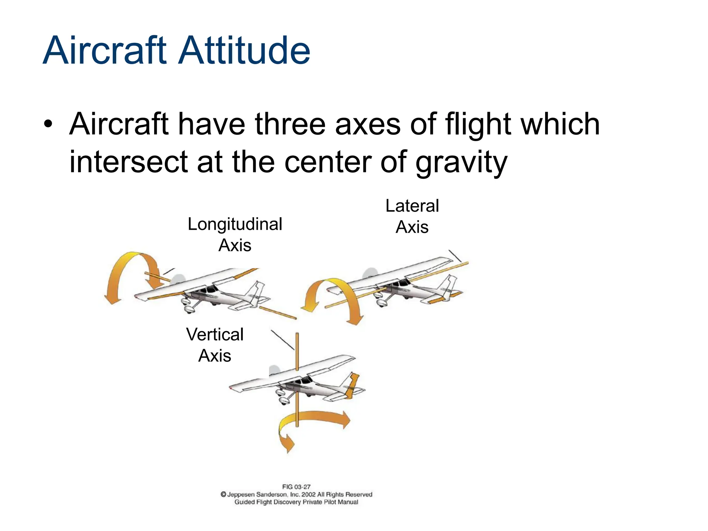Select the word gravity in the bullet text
click(461, 162)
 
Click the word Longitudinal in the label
click(235, 224)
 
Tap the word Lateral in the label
click(412, 206)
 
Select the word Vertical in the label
click(215, 334)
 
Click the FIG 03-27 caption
click(296, 487)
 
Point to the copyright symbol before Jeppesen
click(223, 494)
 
